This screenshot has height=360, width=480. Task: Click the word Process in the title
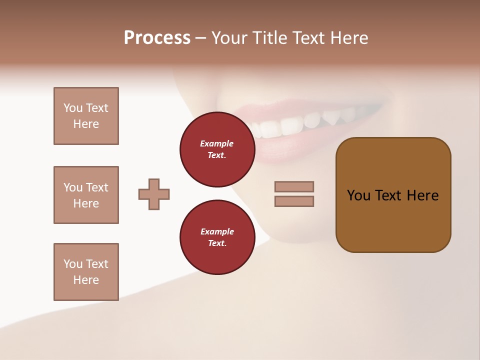coord(157,38)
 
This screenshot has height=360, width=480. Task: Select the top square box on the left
coord(86,116)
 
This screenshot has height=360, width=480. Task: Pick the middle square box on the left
coord(86,195)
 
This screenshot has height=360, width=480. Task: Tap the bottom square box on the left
coord(86,272)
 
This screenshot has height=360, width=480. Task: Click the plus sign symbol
coord(154,194)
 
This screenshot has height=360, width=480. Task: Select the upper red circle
coord(217,149)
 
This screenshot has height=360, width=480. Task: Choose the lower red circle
coord(217,237)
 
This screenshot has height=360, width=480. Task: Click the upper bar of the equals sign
coord(294,186)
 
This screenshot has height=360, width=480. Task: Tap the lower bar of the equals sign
coord(294,201)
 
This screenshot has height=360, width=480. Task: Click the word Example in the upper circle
coord(217,144)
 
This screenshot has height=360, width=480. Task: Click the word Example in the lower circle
coord(217,232)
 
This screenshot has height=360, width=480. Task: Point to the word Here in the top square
coord(86,124)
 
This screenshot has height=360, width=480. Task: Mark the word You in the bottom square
coord(73,264)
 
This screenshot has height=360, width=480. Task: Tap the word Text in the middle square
coord(97,187)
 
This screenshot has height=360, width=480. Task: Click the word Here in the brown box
coord(422,195)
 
